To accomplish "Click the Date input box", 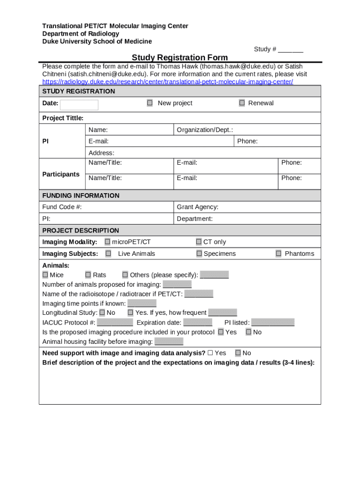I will click(79, 105).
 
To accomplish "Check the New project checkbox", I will click(150, 103).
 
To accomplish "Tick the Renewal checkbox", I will click(242, 103).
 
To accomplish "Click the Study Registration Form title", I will click(180, 58).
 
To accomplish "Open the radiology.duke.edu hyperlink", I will click(167, 82).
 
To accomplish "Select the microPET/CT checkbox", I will click(108, 242).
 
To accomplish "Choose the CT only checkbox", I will click(199, 242).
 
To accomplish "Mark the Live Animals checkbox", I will click(108, 254).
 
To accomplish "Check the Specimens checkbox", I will click(199, 254).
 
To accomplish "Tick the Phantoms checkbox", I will click(279, 254).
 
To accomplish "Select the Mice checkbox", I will click(45, 275).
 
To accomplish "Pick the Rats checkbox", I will click(88, 275).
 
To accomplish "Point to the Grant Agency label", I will click(197, 207).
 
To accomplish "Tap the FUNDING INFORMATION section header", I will click(80, 195).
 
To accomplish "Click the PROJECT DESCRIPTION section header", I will click(80, 230).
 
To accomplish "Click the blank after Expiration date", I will click(198, 323).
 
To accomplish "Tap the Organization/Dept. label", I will click(205, 130).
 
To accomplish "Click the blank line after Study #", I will click(291, 50).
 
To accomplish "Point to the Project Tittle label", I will click(63, 118).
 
